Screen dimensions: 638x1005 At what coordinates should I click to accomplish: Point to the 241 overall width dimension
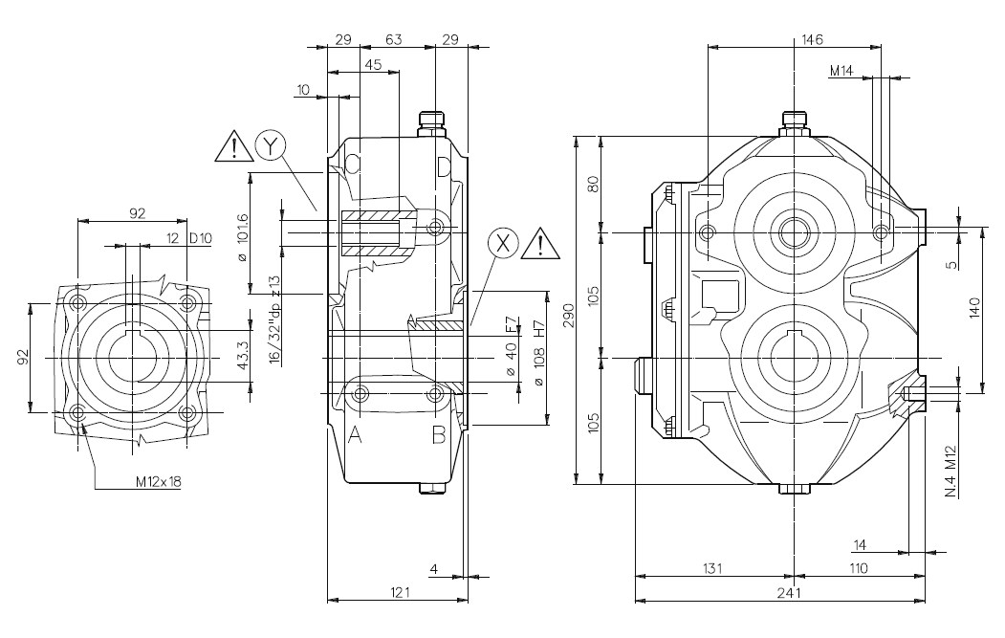coord(789,592)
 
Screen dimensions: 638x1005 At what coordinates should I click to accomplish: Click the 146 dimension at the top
coord(813,39)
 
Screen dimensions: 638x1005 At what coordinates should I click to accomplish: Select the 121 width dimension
coord(401,592)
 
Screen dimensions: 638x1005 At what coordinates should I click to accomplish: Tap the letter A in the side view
coord(355,436)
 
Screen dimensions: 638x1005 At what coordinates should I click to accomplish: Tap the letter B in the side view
coord(437,436)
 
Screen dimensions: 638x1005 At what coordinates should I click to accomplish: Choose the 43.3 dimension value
coord(243,356)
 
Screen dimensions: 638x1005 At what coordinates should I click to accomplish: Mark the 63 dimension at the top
coord(393,39)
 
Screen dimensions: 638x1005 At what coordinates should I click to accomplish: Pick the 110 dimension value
coord(857,568)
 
